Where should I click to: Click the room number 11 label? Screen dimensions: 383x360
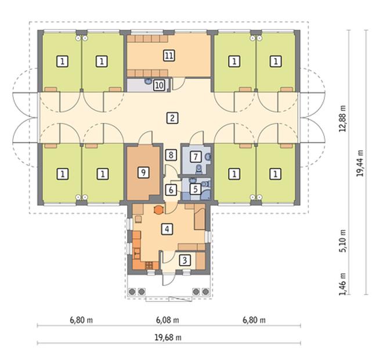[169, 56]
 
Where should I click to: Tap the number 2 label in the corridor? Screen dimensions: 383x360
[172, 118]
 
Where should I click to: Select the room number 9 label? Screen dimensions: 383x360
[143, 173]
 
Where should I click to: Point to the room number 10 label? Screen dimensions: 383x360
[159, 85]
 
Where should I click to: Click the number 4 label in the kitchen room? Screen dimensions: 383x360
[167, 229]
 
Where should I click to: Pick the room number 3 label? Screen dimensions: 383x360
[185, 260]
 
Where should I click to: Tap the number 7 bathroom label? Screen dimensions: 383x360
[196, 157]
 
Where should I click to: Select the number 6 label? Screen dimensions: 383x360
[171, 190]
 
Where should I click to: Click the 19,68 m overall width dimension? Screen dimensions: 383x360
[168, 337]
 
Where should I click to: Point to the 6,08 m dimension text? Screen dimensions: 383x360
[168, 320]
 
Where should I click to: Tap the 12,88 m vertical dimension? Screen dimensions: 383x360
[343, 119]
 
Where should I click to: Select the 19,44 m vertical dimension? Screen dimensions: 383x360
[360, 163]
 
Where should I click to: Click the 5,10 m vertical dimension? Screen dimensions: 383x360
[343, 241]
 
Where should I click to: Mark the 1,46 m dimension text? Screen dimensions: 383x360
[343, 284]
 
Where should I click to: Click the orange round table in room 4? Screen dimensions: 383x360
[158, 209]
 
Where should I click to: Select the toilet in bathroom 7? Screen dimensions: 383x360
[199, 169]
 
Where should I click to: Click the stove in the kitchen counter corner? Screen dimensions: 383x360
[149, 266]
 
